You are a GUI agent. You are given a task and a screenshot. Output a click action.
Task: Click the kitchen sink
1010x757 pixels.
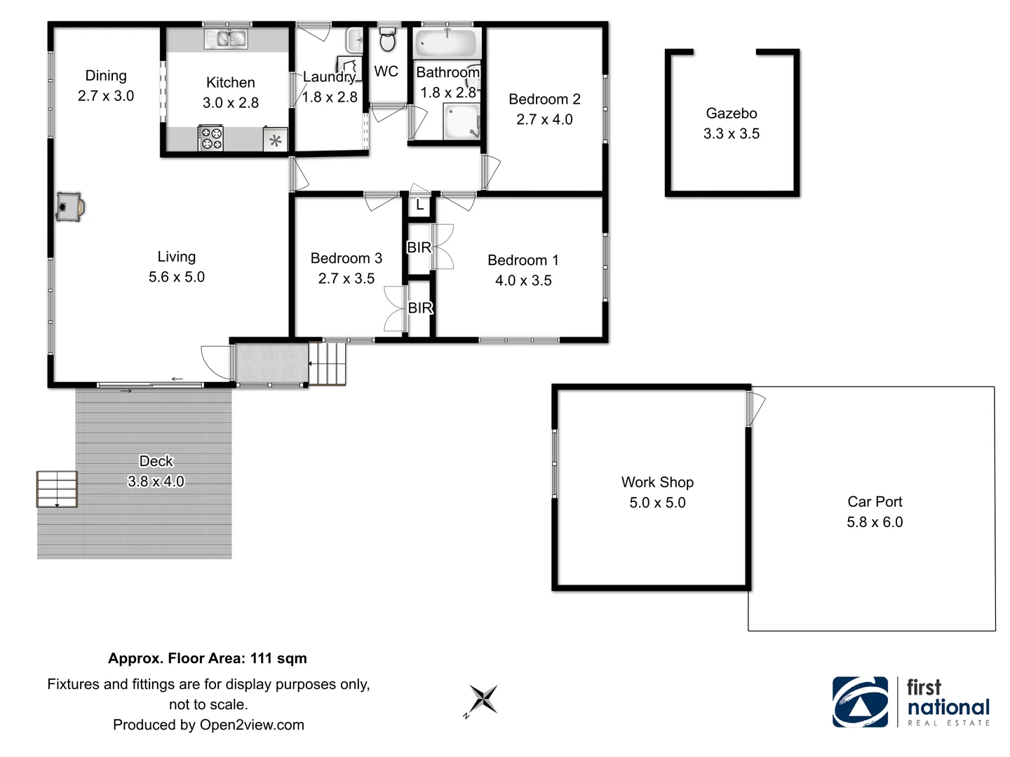(226, 39)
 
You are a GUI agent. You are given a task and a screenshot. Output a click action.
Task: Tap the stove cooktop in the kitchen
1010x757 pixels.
(210, 138)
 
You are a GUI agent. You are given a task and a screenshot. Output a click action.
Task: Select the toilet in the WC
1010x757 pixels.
(387, 41)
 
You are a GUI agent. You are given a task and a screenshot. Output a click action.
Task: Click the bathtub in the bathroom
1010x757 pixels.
(446, 43)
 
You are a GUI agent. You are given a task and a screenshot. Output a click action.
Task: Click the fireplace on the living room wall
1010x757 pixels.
(69, 207)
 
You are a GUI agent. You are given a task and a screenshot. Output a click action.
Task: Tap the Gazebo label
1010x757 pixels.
(731, 114)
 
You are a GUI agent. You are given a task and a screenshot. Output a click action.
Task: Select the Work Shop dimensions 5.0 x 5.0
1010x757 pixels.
(657, 503)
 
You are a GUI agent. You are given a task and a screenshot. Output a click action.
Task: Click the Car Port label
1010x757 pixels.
(875, 502)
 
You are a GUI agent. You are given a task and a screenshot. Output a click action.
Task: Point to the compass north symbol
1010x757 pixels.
(483, 700)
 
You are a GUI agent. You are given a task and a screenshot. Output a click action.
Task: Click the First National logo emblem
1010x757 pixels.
(860, 702)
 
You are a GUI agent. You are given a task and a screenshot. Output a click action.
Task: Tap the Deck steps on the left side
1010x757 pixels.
(57, 489)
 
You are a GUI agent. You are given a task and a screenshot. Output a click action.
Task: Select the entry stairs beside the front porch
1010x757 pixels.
(328, 364)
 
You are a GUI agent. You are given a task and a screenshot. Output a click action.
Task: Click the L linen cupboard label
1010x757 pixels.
(419, 205)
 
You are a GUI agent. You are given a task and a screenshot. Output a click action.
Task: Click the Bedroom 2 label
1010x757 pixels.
(544, 100)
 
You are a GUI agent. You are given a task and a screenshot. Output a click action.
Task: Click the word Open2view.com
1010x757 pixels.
(252, 725)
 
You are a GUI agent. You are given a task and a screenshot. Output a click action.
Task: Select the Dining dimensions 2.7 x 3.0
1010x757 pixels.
(106, 96)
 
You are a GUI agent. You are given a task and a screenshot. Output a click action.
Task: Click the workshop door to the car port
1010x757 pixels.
(755, 409)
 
